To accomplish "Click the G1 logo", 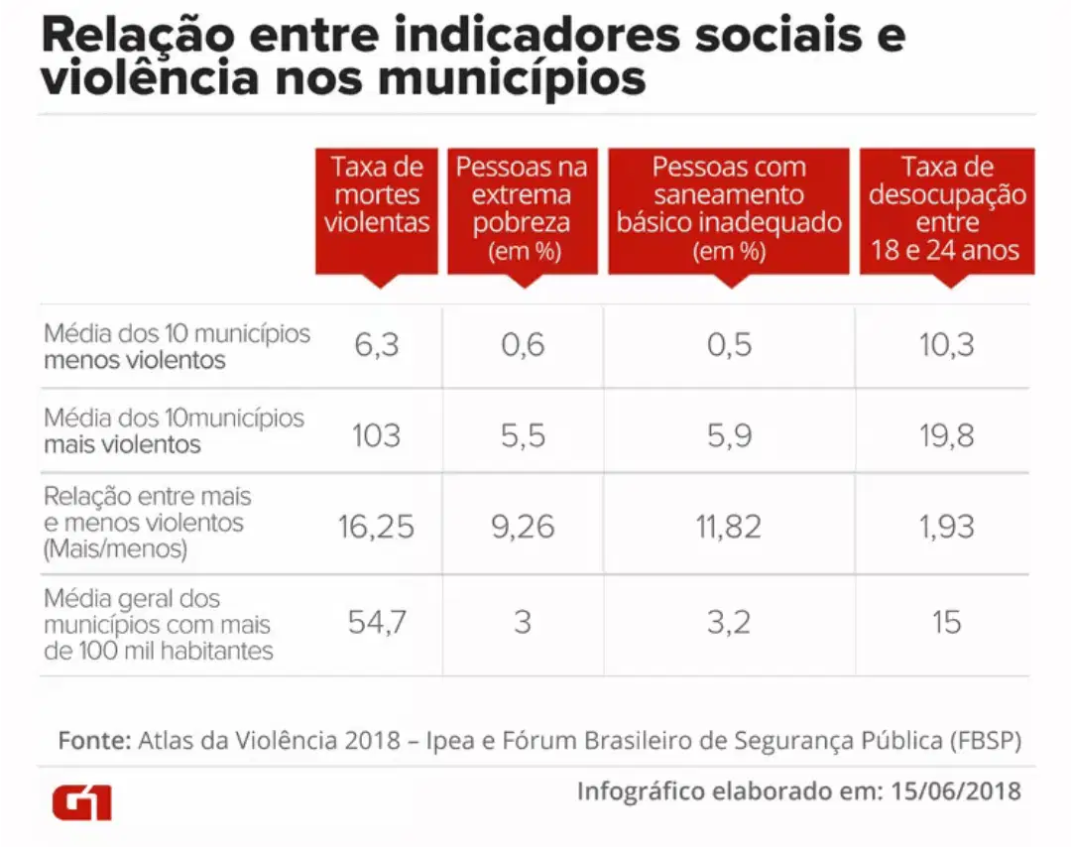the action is [82, 802].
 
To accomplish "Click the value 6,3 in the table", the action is [377, 345].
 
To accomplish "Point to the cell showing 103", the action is [377, 435].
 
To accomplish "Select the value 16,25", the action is [377, 527].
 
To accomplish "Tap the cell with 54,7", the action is [377, 622].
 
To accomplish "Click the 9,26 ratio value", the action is [523, 527].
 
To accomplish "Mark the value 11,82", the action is [729, 527].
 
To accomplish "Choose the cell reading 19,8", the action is [947, 435].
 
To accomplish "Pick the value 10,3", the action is [947, 345].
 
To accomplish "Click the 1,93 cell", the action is [947, 527].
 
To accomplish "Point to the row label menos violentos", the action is [135, 360].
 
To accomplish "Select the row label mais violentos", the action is [122, 444].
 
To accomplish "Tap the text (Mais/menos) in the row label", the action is [115, 548].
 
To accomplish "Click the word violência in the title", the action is [151, 79].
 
